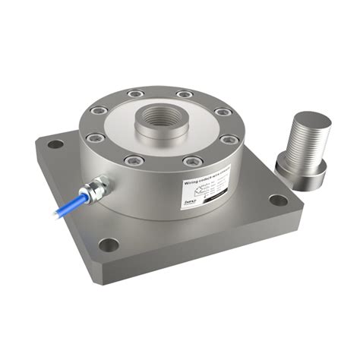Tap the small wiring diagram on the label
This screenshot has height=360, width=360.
pyautogui.click(x=190, y=196)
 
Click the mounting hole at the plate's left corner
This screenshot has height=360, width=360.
pyautogui.click(x=55, y=144)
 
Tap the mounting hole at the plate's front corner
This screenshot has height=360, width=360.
pyautogui.click(x=109, y=245)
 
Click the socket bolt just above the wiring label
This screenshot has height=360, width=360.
pyautogui.click(x=193, y=160)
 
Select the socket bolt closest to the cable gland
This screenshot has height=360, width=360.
pyautogui.click(x=95, y=139)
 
